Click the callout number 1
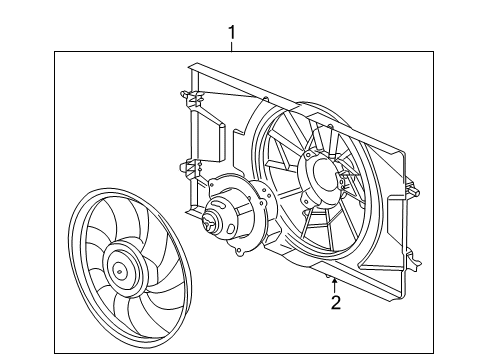[233, 33]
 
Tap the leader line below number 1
[233, 47]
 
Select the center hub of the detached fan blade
[120, 269]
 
